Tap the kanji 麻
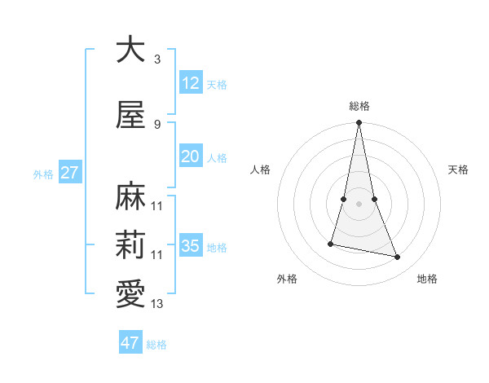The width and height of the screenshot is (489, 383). click(130, 196)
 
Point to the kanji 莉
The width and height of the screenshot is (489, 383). click(130, 244)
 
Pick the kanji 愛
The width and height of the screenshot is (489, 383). click(130, 294)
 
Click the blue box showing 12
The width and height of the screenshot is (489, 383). click(190, 83)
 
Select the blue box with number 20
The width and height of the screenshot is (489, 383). click(190, 157)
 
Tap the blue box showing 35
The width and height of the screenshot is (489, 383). click(190, 246)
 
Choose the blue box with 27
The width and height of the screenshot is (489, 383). click(69, 173)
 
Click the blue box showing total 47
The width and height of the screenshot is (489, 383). click(130, 343)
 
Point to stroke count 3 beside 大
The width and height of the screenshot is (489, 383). click(157, 59)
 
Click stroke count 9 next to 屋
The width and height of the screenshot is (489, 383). click(157, 125)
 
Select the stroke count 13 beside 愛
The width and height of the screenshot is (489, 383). click(157, 304)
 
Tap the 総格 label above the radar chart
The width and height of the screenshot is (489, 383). click(359, 106)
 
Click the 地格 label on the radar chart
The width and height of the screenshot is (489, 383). click(427, 279)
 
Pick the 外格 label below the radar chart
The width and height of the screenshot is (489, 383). click(287, 279)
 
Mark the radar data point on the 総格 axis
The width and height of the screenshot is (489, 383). click(359, 122)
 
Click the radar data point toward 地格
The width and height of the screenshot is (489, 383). click(398, 258)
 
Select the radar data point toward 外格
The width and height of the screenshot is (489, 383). click(331, 243)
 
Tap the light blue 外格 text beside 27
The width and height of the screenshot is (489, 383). click(42, 174)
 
